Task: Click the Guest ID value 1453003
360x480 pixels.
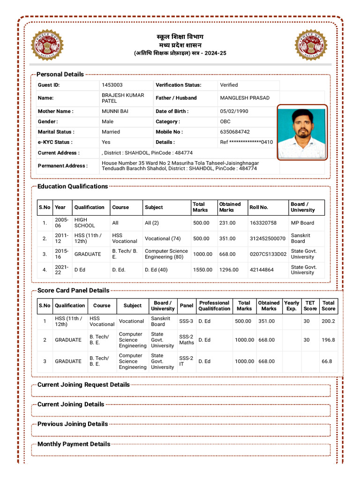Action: [x=112, y=85]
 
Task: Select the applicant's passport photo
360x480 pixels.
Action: [x=302, y=133]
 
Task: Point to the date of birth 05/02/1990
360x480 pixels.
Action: [x=234, y=112]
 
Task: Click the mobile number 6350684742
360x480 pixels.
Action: [x=235, y=132]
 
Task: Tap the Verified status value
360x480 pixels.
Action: [x=229, y=85]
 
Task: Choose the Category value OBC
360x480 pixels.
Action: [x=225, y=121]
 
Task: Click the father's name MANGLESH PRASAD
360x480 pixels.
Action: [x=245, y=98]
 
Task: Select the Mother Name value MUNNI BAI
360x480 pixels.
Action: [x=115, y=112]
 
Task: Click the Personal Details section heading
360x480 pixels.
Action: [x=60, y=74]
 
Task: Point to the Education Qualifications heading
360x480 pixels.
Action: [x=73, y=186]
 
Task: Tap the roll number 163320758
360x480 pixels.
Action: [x=263, y=223]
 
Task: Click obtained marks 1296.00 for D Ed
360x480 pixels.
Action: [x=229, y=270]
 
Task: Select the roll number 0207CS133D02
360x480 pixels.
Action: [x=268, y=254]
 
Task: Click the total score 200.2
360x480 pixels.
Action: [x=328, y=321]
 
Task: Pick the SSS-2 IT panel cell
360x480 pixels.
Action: [x=186, y=361]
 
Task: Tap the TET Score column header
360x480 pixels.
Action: [x=310, y=306]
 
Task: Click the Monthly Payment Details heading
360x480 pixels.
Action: [x=74, y=444]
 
